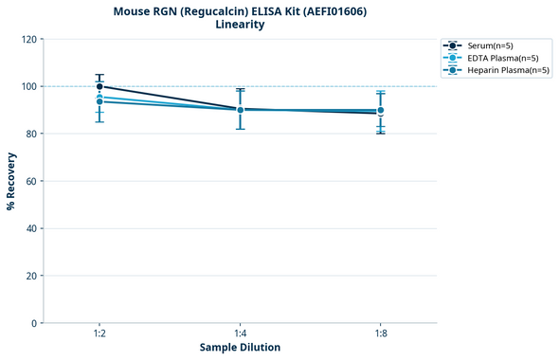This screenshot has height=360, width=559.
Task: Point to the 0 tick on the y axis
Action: point(33,323)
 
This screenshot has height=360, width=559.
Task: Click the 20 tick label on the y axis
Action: point(30,276)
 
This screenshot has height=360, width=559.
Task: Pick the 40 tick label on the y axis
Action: point(30,228)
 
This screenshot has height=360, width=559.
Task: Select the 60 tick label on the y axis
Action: point(30,181)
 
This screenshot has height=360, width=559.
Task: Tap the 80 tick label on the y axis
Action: point(30,134)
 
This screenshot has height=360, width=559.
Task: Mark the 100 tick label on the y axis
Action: point(28,86)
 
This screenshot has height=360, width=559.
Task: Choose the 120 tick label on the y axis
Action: point(28,39)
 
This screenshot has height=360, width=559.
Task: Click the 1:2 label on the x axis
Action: point(99,334)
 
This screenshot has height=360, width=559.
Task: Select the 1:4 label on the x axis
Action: point(240,334)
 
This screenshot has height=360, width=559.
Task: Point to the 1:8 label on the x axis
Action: point(380,334)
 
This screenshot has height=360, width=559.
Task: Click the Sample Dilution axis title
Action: point(240,348)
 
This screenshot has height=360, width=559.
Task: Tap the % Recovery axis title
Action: point(11,181)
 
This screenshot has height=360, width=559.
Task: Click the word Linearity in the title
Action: point(240,25)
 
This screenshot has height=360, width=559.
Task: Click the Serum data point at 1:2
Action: point(99,86)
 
